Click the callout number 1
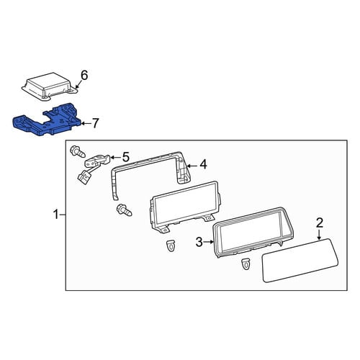tap(56, 215)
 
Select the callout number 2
tap(320, 222)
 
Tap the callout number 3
tap(199, 242)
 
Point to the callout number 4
tap(203, 164)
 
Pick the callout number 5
tap(126, 157)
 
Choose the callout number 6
tap(84, 75)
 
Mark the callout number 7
tap(95, 123)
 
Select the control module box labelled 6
tap(50, 86)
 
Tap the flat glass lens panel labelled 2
tap(300, 260)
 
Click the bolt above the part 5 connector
tap(77, 153)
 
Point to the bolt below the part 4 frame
tap(124, 210)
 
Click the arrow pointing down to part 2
tap(319, 235)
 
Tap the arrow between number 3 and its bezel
tap(209, 242)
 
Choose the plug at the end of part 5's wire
tap(84, 179)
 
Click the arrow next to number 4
tap(192, 166)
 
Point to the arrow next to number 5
tap(115, 158)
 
